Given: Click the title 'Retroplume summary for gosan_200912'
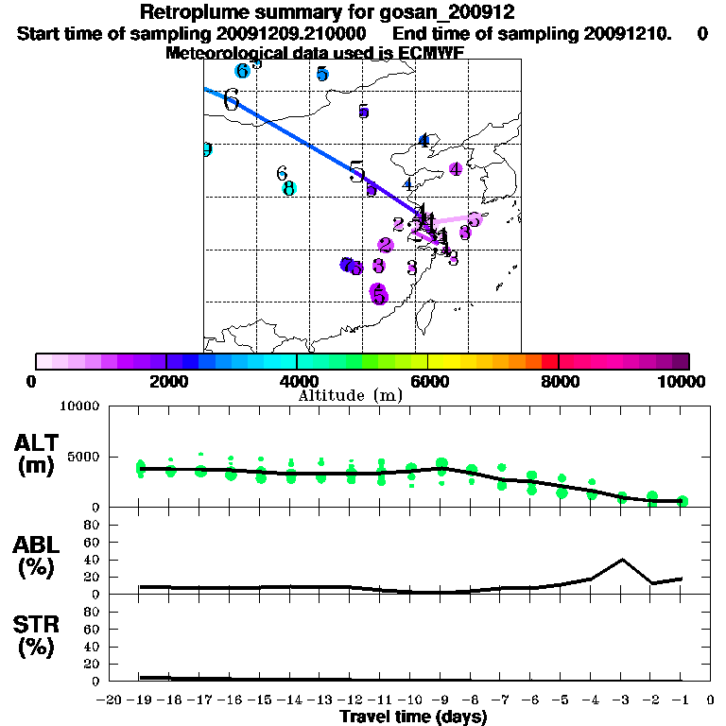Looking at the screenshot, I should coord(326,13).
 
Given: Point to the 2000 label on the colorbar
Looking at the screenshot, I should coord(166,381).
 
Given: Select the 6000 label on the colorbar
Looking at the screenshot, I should coord(427,381).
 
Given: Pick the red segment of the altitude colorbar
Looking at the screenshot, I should coord(549,361).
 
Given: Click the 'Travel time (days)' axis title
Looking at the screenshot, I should coord(413,717).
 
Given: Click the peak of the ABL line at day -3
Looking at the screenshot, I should coord(622,559).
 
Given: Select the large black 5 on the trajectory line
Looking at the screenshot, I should coord(356,172).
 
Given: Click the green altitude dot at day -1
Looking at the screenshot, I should coord(683,501).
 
